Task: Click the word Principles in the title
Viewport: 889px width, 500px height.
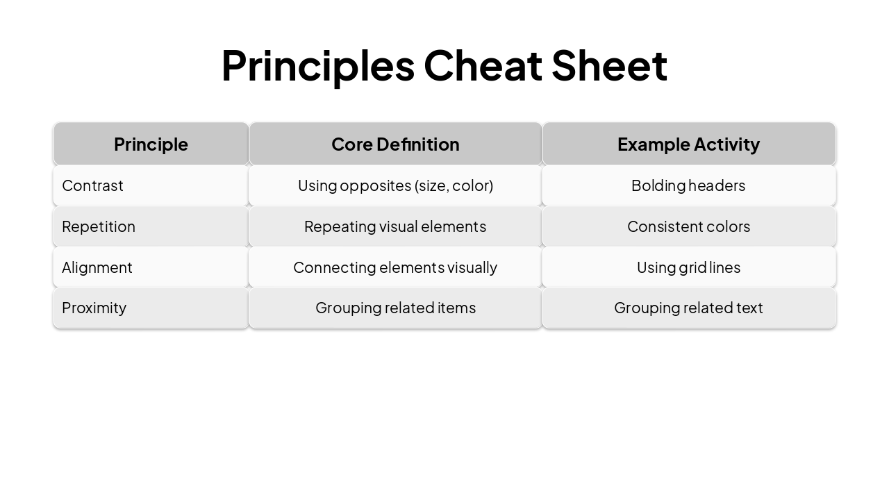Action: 317,66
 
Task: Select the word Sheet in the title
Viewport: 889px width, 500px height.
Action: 609,66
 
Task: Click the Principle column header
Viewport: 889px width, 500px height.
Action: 151,144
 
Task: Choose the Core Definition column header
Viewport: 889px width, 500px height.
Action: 395,144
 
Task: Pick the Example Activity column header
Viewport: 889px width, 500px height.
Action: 688,144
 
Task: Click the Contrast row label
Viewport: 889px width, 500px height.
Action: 92,185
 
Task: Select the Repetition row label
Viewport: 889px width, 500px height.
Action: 99,226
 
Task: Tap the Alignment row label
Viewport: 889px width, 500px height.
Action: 97,267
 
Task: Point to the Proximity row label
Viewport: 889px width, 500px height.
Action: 94,308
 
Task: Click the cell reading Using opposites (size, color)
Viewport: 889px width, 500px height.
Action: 395,185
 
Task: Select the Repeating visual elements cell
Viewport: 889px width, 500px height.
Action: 395,226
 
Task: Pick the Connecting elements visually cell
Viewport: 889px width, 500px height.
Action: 395,267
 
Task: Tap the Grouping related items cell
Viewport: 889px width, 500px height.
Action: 395,308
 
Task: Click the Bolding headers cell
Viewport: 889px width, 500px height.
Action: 688,185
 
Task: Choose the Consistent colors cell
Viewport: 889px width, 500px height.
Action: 688,226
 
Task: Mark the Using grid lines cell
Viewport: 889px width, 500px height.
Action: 688,267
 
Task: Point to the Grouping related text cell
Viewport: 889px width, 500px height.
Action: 688,308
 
